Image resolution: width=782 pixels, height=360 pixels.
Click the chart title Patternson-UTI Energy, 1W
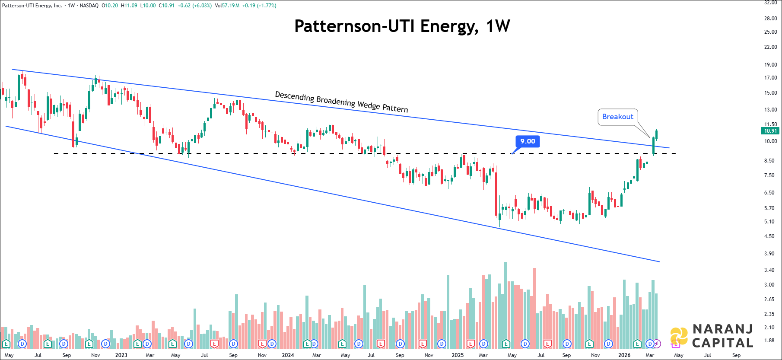pos(402,26)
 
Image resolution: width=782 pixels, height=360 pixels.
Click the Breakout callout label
pos(617,117)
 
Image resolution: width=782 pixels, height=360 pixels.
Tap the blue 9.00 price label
pos(528,141)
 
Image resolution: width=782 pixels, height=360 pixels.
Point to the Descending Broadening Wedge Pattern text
pos(341,102)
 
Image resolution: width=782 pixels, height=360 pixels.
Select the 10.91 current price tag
pos(770,131)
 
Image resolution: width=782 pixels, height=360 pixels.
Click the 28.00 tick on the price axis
pos(770,19)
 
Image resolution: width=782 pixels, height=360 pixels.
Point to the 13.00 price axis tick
pos(770,110)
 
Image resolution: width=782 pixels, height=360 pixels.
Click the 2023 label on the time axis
pos(121,355)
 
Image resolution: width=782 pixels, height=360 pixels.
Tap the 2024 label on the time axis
pos(288,355)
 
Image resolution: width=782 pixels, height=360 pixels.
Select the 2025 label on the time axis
pos(458,355)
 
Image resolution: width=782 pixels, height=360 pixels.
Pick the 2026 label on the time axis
pos(624,355)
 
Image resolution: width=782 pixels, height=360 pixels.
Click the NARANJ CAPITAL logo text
pos(722,336)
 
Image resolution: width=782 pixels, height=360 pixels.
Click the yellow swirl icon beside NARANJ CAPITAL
pos(679,336)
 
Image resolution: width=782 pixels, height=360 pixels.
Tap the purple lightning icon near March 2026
pos(657,344)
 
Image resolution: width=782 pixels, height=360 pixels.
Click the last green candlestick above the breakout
pos(657,134)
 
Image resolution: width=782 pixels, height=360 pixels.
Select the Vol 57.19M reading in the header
pos(227,6)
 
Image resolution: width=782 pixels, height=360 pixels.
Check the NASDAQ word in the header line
pos(89,6)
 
